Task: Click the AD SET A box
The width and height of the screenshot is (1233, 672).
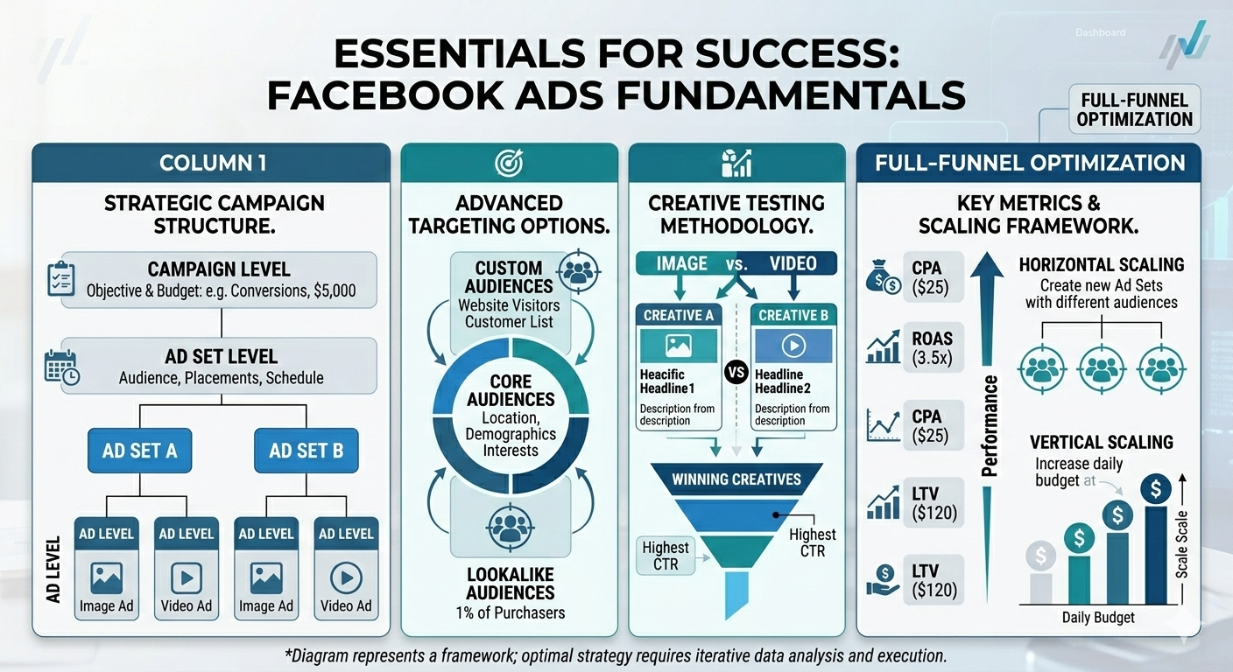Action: (x=139, y=451)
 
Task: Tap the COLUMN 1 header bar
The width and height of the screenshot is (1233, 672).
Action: (x=212, y=162)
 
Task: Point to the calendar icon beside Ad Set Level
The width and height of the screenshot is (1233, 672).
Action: (x=61, y=367)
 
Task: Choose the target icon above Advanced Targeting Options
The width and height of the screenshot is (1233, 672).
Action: (x=509, y=162)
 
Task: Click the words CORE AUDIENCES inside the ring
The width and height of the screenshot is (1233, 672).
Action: (x=511, y=390)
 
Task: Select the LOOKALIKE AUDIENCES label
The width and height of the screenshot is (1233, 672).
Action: (x=511, y=584)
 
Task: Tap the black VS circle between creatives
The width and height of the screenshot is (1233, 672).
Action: (x=736, y=371)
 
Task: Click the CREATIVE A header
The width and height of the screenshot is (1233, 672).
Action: (x=679, y=315)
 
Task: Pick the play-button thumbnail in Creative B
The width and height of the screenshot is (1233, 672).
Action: (x=793, y=346)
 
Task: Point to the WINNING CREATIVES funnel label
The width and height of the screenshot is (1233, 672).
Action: (x=736, y=479)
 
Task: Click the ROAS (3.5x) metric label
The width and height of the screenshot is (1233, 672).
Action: (x=932, y=347)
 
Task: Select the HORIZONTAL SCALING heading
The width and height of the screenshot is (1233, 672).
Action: (x=1102, y=264)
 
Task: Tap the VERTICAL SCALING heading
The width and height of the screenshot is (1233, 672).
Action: (x=1102, y=442)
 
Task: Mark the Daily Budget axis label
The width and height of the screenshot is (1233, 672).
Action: (x=1098, y=618)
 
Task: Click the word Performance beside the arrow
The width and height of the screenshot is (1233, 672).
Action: (x=990, y=426)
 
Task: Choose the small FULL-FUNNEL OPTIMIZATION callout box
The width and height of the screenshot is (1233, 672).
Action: (x=1135, y=109)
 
